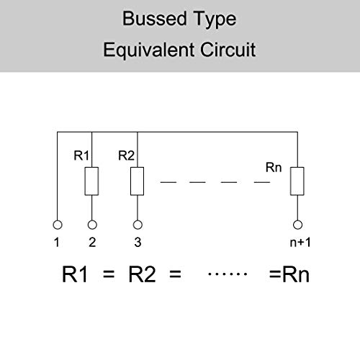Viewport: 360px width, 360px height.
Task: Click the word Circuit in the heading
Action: point(230,50)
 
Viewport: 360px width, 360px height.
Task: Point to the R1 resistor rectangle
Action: point(91,181)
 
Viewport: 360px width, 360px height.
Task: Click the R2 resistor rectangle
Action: point(136,181)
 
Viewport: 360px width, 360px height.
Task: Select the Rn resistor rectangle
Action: point(297,181)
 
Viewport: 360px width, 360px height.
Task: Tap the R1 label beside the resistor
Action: point(81,155)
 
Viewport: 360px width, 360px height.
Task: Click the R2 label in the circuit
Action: point(125,155)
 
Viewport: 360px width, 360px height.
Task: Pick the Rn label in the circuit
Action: point(274,168)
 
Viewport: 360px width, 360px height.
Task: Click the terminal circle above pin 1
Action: point(56,224)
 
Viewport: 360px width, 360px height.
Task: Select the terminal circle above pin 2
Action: point(91,224)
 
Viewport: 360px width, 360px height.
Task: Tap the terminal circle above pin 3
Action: point(136,224)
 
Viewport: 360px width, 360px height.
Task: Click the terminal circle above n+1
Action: point(297,224)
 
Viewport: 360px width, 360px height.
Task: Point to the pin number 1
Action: point(56,243)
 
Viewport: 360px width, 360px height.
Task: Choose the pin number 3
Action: point(136,243)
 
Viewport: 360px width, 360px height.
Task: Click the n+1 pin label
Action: point(297,243)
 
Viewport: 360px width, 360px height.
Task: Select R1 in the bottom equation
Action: point(78,274)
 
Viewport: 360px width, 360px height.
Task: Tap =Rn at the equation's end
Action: point(289,274)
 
